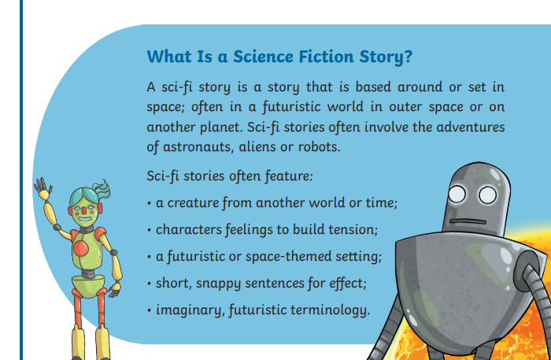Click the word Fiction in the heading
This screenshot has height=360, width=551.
(x=326, y=57)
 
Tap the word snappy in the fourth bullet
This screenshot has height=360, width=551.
(x=218, y=284)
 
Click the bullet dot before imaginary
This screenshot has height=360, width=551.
(x=150, y=311)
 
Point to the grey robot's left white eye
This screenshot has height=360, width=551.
(x=457, y=194)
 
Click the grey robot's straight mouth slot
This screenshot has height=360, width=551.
(x=468, y=221)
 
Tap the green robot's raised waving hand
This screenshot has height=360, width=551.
(x=43, y=188)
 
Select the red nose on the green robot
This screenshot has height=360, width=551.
(x=83, y=210)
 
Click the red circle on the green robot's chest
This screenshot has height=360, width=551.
(x=80, y=248)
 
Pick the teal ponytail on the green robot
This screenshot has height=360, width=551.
(x=102, y=190)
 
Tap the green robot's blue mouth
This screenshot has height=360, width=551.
(x=85, y=219)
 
